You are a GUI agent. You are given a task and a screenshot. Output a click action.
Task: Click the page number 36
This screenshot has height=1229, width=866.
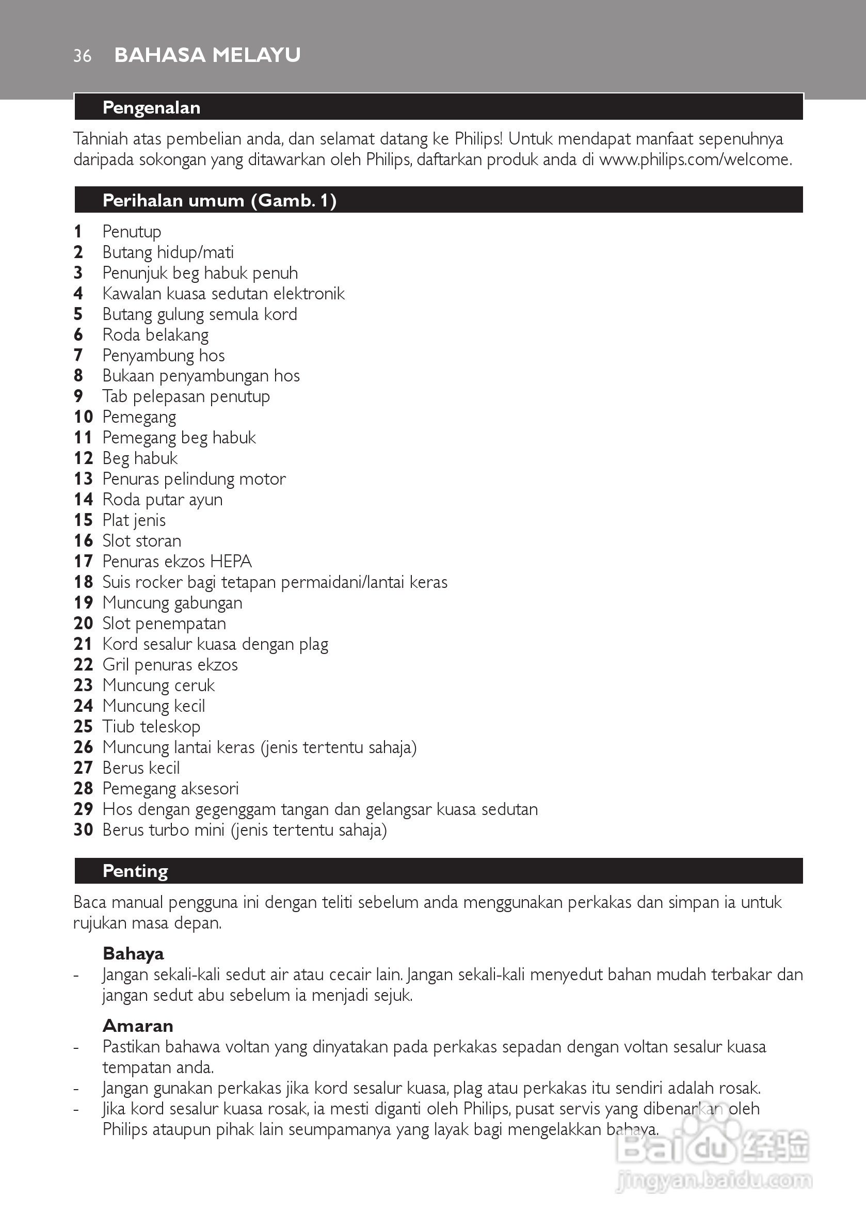(83, 56)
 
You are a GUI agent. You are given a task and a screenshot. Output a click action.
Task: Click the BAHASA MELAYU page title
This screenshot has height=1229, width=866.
(207, 55)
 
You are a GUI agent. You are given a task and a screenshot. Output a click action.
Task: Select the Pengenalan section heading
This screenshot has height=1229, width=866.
(151, 107)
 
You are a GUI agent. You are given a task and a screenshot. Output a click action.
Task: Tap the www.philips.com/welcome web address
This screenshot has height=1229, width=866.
(695, 159)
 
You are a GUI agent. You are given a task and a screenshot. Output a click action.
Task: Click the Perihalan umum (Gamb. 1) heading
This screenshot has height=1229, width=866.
(219, 200)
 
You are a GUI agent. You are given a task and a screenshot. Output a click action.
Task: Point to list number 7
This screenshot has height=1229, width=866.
(78, 355)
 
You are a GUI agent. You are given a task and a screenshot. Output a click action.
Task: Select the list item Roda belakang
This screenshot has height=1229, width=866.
(155, 334)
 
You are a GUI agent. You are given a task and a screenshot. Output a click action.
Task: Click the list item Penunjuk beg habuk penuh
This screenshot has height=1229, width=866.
(200, 273)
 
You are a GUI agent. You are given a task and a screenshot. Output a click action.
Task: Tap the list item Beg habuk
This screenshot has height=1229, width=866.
(140, 458)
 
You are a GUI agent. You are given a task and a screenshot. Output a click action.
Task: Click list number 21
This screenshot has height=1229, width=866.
(83, 644)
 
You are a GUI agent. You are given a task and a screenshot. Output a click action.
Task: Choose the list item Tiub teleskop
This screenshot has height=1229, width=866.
(151, 726)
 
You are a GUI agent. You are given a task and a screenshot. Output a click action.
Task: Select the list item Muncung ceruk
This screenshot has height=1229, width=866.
(158, 685)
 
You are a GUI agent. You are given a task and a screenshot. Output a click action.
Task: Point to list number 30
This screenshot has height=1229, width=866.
(83, 829)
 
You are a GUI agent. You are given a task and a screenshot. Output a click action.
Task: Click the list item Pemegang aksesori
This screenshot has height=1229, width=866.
(170, 789)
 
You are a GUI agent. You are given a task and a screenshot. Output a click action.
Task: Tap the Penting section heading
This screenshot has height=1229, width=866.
(135, 871)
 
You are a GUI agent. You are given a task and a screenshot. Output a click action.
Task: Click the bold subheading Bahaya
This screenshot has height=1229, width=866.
(133, 953)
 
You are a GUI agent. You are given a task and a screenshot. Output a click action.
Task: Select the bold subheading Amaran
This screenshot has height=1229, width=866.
(138, 1026)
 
